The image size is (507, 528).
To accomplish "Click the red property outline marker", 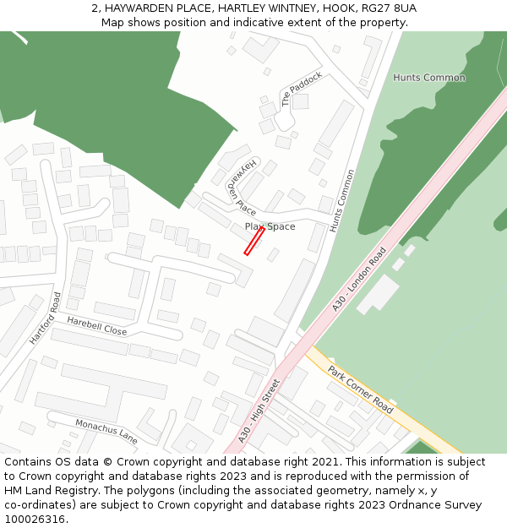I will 254,240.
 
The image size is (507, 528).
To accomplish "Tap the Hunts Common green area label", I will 428,78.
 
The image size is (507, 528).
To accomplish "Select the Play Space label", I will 270,226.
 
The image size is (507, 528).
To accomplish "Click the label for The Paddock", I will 302,89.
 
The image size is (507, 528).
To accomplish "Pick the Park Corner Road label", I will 361,389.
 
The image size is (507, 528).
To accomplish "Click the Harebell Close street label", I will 96,327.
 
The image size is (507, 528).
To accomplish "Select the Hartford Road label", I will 46,318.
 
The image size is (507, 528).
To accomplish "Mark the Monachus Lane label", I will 106,431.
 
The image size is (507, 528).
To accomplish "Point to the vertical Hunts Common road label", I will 342,201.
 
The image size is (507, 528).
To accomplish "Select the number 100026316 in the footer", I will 35,520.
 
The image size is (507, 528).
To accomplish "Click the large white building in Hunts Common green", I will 379,293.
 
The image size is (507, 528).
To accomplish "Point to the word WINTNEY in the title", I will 280,8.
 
